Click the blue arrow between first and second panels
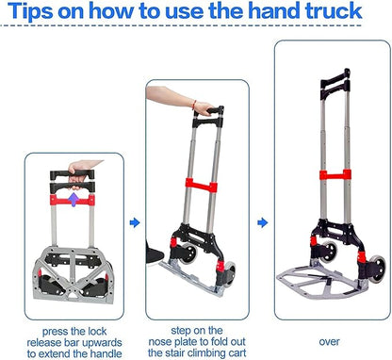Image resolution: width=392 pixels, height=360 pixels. coord(135,222)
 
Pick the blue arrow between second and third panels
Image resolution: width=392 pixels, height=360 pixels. coord(263,222)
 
